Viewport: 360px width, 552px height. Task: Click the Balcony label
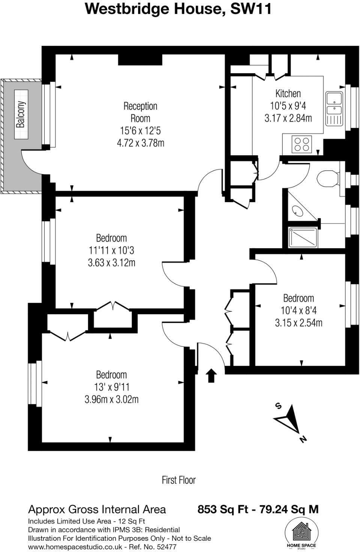pos(21,114)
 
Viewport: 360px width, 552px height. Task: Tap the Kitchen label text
pos(288,93)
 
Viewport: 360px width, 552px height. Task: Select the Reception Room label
pos(140,112)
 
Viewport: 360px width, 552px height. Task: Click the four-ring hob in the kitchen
pos(302,144)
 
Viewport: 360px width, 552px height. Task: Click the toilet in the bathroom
pos(328,178)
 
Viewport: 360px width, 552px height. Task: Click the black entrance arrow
pos(211,375)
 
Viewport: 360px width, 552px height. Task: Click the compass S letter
pos(278,406)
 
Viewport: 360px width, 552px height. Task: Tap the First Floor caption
pos(179,480)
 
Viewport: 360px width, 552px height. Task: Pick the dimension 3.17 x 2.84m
pos(288,118)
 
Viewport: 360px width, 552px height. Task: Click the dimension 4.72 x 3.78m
pos(140,143)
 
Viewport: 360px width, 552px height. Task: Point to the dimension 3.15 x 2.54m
pos(298,323)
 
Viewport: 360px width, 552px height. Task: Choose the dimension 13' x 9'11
pos(111,387)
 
